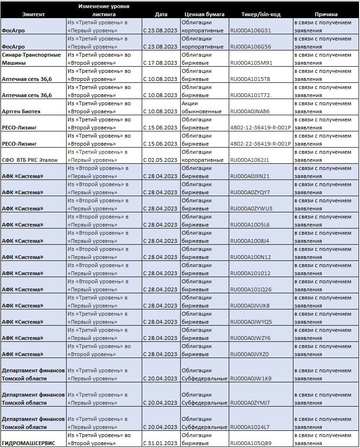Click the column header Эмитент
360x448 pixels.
33,14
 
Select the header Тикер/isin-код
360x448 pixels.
261,14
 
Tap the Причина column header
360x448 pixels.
326,14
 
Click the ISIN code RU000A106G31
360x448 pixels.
250,30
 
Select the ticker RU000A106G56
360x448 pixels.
250,47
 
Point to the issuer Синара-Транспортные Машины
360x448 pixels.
31,59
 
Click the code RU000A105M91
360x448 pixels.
251,63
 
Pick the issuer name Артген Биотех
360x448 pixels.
21,111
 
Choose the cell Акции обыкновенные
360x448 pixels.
202,108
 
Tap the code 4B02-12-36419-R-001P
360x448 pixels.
260,128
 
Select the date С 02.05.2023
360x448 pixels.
160,160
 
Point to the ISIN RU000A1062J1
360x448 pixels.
249,160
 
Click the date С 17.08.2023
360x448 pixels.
160,63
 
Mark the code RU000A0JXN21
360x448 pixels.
250,176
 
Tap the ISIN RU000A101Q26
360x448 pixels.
251,289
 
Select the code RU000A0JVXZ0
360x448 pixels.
250,354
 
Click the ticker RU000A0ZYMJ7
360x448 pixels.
250,403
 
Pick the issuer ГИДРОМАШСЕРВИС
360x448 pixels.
29,443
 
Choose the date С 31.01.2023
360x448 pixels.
160,443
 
